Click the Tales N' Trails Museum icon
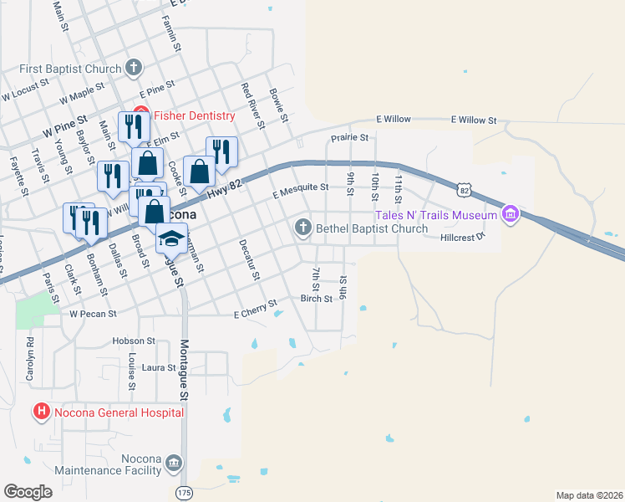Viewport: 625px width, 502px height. [510, 216]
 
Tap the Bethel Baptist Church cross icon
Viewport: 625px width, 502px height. [302, 228]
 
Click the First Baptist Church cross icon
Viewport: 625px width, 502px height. [134, 67]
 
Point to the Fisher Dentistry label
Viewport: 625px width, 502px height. [194, 115]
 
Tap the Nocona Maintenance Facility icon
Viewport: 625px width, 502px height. [173, 463]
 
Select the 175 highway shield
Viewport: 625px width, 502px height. [184, 494]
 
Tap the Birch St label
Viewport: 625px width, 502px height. [316, 299]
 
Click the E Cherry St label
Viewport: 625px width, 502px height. [255, 308]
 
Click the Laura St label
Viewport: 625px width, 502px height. [159, 367]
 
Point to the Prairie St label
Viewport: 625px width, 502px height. [349, 136]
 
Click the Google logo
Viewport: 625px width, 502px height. [28, 492]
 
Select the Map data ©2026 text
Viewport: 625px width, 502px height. [588, 495]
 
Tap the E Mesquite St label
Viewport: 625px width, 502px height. [300, 193]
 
